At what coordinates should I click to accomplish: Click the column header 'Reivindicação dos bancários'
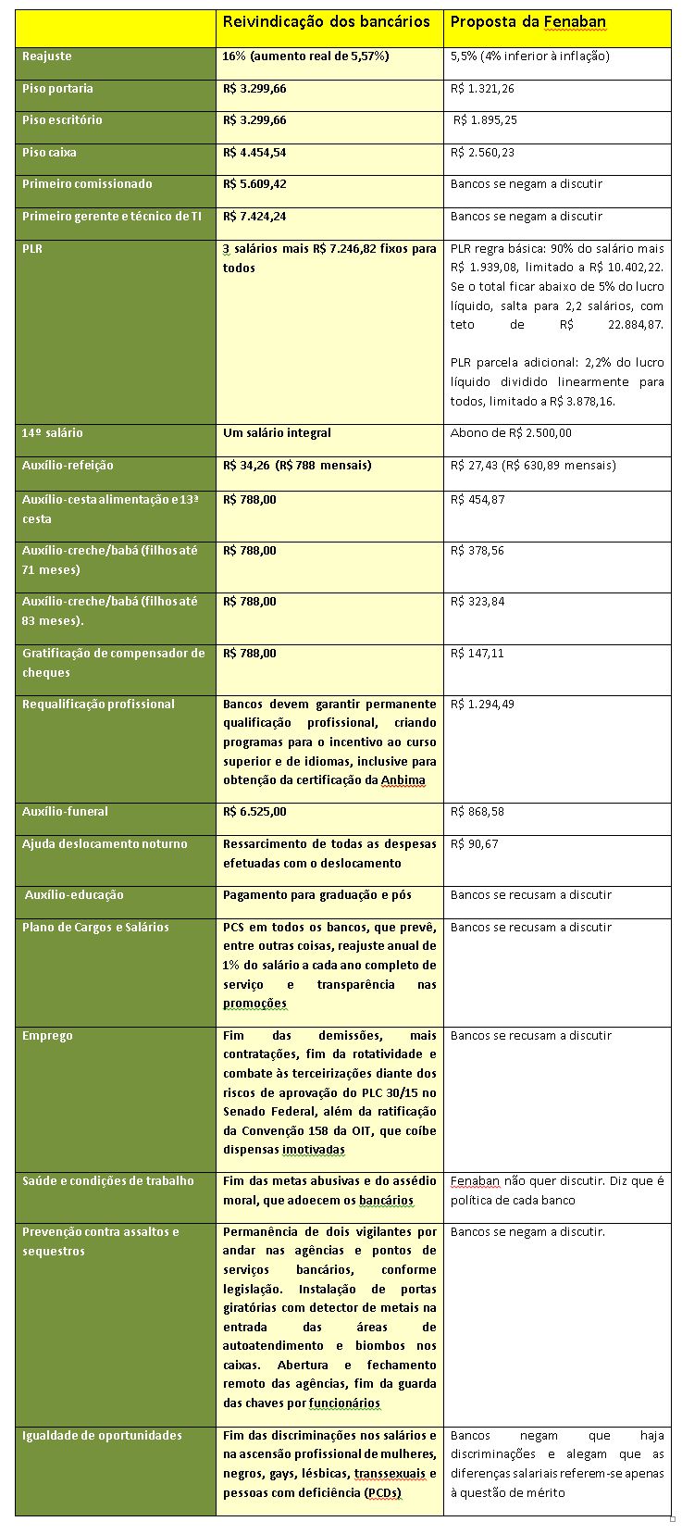[x=326, y=21]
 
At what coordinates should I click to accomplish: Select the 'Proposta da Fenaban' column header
[x=527, y=21]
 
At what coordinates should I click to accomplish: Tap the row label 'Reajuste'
[x=47, y=56]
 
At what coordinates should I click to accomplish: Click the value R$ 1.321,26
[x=482, y=89]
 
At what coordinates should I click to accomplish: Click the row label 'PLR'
[x=32, y=249]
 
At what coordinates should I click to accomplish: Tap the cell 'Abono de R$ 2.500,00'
[x=511, y=433]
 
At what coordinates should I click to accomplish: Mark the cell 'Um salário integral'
[x=277, y=433]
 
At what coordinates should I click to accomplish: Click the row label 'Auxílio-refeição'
[x=68, y=466]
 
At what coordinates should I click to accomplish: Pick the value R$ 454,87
[x=478, y=500]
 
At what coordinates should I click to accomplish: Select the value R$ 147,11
[x=477, y=654]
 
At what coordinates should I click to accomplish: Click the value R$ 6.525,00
[x=254, y=812]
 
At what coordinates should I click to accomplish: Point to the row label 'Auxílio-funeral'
[x=65, y=812]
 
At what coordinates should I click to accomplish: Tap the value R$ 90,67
[x=474, y=844]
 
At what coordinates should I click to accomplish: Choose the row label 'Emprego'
[x=47, y=1036]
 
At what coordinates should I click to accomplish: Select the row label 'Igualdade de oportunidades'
[x=102, y=1436]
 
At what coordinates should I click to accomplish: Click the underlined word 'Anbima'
[x=403, y=780]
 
